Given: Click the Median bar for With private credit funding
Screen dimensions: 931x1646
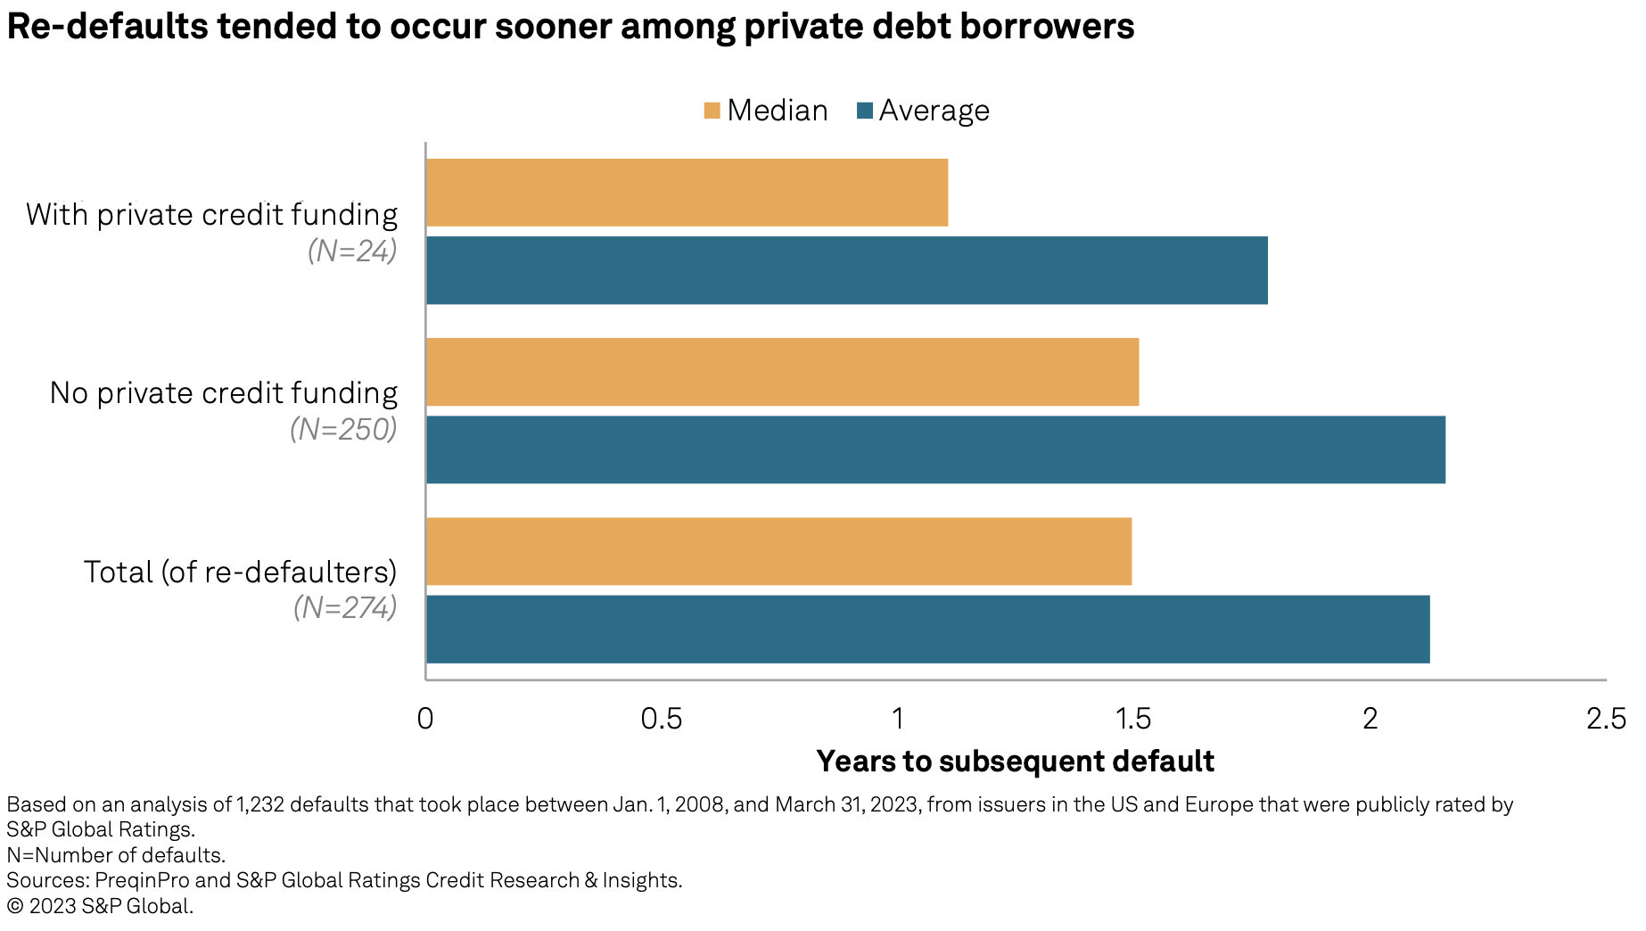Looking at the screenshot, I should click(687, 193).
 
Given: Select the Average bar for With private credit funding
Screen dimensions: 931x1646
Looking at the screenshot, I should click(847, 270).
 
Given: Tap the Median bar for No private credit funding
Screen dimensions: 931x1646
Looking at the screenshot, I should click(782, 372).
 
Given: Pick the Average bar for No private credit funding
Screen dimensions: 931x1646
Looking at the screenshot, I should click(935, 449).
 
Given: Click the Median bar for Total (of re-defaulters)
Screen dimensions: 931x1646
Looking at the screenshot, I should click(778, 551).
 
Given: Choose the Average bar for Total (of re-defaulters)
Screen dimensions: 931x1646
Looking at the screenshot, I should click(927, 630).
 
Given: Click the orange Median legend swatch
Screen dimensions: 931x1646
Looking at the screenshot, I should click(712, 111).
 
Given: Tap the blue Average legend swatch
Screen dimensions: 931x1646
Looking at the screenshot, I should click(864, 111).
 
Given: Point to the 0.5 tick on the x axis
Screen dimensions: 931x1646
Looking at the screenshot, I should click(662, 719).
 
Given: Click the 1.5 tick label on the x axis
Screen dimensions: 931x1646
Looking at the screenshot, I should click(1133, 719).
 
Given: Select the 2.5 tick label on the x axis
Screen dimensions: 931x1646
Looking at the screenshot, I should click(1606, 719).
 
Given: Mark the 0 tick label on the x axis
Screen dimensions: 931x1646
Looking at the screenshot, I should click(425, 719).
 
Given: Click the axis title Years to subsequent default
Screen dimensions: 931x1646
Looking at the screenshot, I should click(1015, 762).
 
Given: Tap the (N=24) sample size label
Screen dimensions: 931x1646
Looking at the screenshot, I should click(352, 251).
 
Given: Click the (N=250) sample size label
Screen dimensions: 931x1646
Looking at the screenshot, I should click(343, 430).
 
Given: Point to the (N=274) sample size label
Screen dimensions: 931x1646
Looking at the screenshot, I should click(345, 608).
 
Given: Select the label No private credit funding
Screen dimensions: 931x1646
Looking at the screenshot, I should click(224, 393).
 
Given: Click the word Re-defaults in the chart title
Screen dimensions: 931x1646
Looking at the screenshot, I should click(107, 27).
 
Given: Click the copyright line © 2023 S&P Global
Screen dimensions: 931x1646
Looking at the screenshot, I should click(100, 906).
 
